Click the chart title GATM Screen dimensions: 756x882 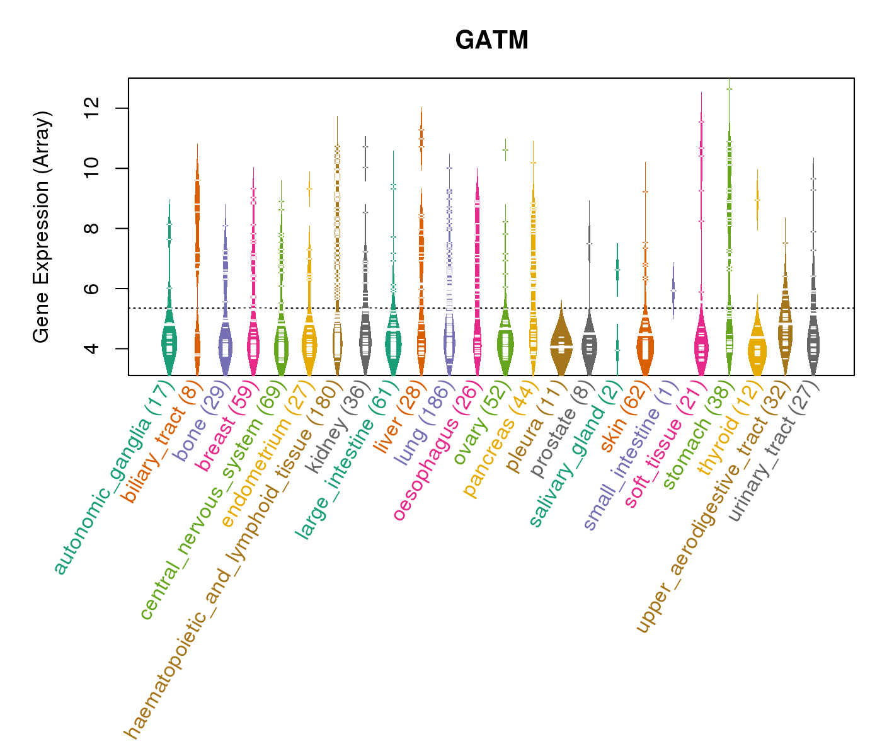click(x=491, y=40)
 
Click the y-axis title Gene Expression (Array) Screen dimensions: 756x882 click(x=42, y=227)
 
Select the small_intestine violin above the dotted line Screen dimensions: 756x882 click(x=673, y=290)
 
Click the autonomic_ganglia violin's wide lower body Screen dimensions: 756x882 click(x=169, y=343)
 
